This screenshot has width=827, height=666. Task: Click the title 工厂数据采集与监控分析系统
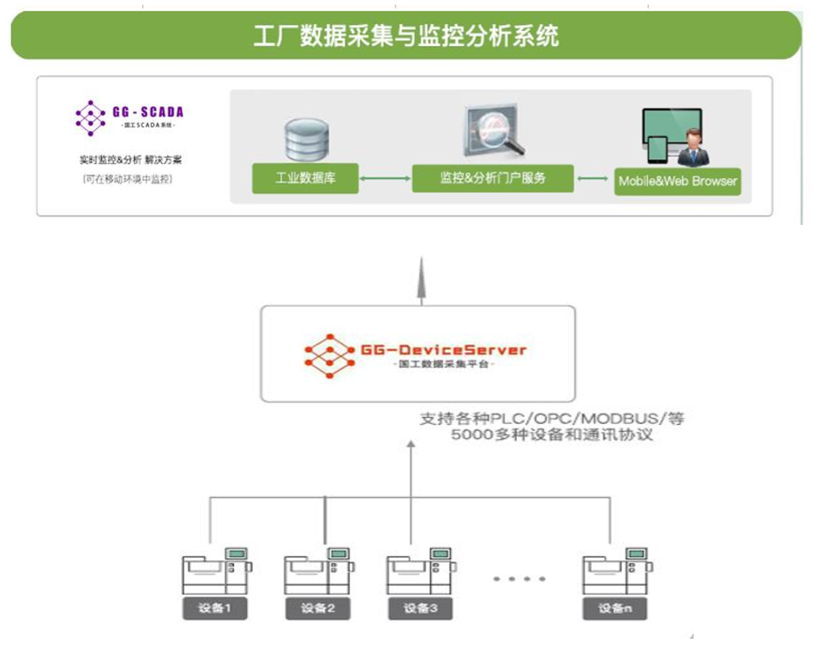click(x=406, y=36)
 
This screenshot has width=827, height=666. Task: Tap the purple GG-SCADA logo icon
click(x=90, y=118)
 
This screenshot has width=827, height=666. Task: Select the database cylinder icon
click(x=306, y=140)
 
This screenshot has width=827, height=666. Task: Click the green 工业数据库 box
click(x=305, y=179)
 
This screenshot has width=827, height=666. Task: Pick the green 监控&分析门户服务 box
click(x=492, y=178)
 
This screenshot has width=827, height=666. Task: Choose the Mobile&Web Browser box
click(x=677, y=181)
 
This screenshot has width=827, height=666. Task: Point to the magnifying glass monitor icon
click(x=493, y=132)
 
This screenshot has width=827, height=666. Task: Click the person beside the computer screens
click(x=692, y=149)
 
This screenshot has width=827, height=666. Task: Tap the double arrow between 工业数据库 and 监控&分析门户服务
click(x=385, y=179)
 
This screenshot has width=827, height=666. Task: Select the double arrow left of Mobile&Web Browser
click(x=593, y=179)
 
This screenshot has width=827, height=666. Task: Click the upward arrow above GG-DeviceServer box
click(x=421, y=279)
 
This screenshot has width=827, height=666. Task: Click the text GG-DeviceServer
click(x=443, y=349)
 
